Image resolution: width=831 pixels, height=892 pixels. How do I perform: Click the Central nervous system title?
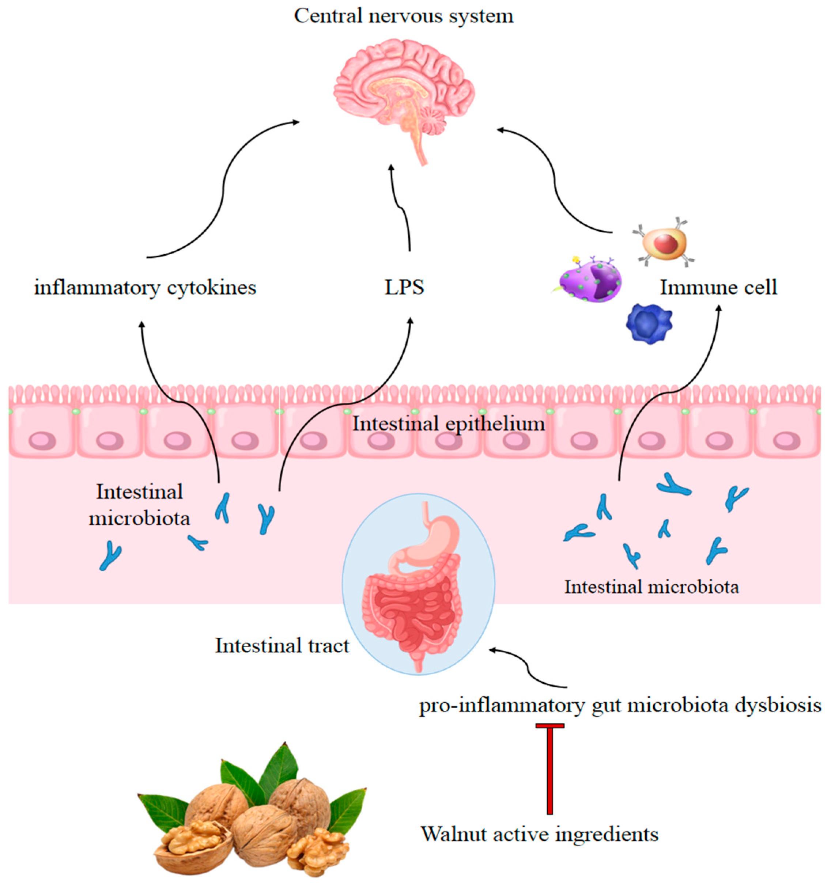[x=403, y=16]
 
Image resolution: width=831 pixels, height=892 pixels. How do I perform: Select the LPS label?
[x=404, y=288]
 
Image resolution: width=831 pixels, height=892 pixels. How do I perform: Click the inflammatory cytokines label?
[x=145, y=288]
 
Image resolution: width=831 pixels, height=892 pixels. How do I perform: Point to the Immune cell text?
[x=718, y=288]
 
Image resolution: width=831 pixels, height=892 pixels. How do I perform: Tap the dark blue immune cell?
[x=649, y=323]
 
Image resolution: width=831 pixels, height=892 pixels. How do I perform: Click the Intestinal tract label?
[x=282, y=646]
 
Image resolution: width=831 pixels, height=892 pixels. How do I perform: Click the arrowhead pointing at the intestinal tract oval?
[x=493, y=650]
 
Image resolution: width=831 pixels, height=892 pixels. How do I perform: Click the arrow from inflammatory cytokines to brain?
[x=223, y=189]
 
